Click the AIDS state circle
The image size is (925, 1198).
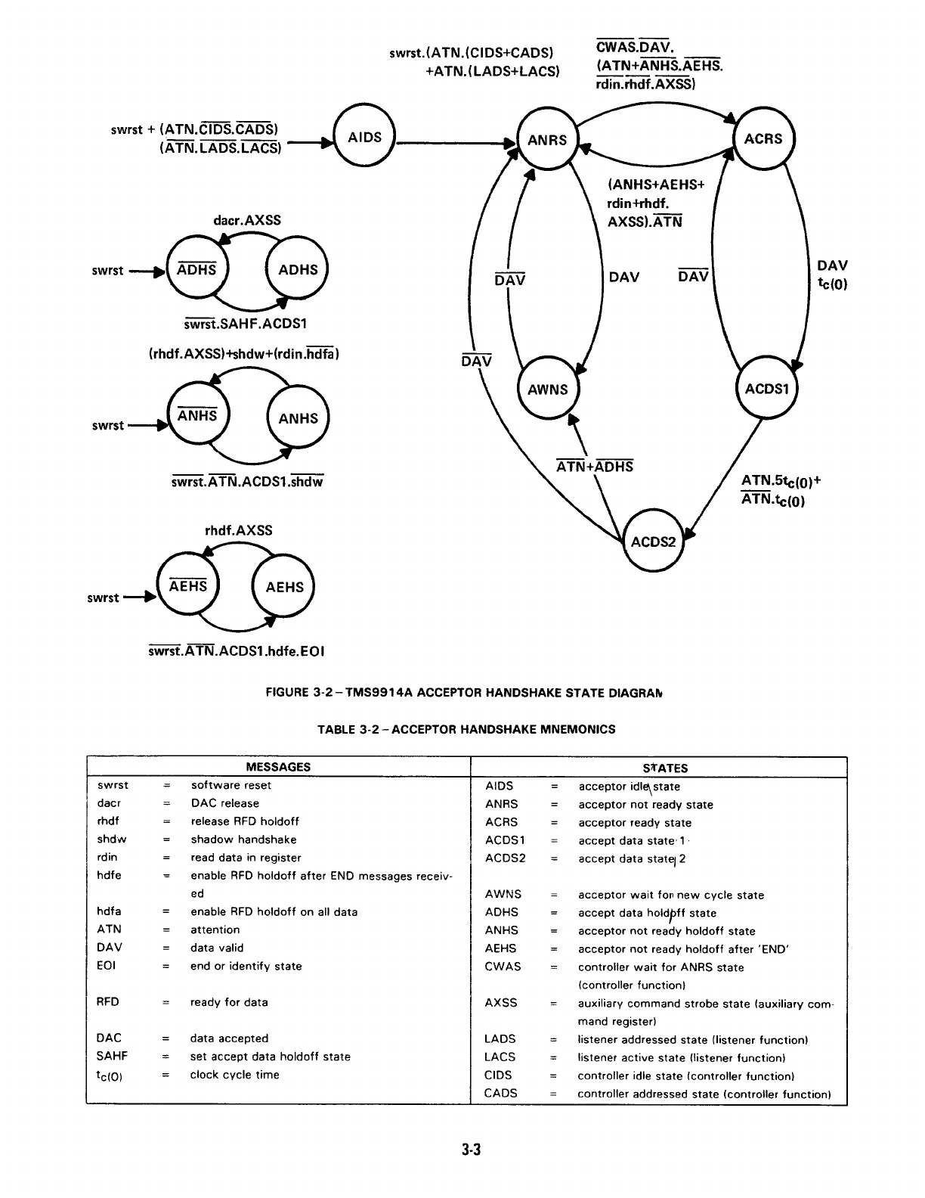point(365,138)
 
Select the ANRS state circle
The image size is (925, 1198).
point(547,140)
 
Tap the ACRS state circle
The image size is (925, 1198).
point(763,138)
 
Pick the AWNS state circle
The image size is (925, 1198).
point(547,390)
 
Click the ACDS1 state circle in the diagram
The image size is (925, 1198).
point(766,389)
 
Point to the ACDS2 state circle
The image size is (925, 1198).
point(652,542)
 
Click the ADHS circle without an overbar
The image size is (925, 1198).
point(298,270)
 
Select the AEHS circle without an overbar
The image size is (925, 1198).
point(284,587)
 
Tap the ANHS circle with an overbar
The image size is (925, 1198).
point(197,417)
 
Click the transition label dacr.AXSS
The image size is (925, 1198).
point(247,220)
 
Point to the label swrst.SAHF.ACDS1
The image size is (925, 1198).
point(245,324)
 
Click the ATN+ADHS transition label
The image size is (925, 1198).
point(595,467)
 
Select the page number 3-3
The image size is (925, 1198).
point(472,1150)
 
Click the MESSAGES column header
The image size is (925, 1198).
point(278,766)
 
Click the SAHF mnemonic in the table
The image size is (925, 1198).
point(112,1057)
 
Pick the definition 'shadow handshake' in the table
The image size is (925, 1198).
point(243,840)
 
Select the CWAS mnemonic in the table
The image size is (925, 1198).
point(503,967)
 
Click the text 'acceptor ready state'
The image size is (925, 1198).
point(635,823)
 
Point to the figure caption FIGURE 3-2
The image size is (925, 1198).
point(467,692)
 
